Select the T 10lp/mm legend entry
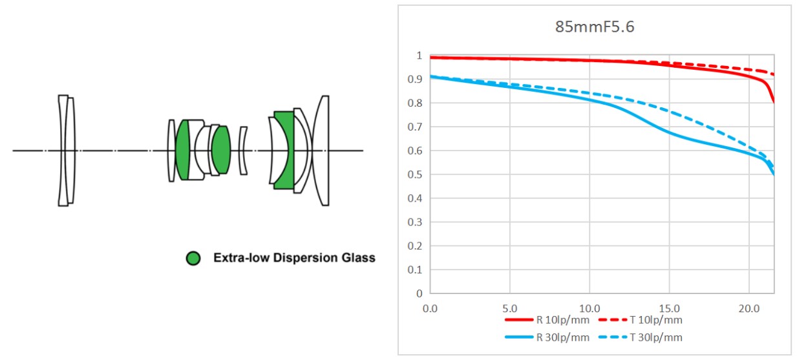point(655,319)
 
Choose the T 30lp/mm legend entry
point(655,337)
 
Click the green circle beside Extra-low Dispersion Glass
point(193,259)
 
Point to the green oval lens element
point(221,150)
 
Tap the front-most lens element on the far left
point(63,150)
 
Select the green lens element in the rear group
point(282,150)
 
